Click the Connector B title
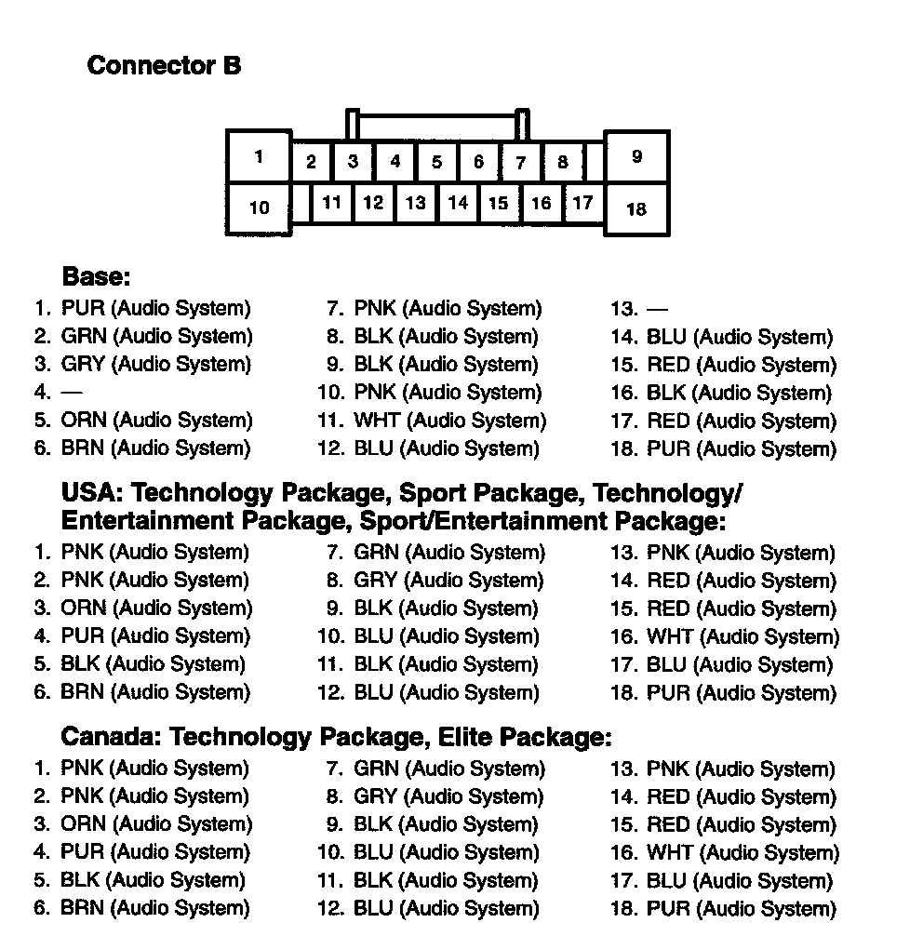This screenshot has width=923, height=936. [x=164, y=66]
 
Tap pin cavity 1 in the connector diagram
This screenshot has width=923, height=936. [x=259, y=156]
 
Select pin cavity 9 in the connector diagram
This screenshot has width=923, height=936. [x=636, y=156]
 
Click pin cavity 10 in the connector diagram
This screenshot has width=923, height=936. [x=259, y=207]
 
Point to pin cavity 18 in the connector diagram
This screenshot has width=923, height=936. [x=636, y=208]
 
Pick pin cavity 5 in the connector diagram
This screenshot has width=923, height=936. [x=436, y=162]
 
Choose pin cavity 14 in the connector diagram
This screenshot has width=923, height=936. [x=457, y=203]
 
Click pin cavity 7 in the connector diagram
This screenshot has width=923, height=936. [x=521, y=162]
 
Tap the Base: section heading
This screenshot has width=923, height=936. [x=96, y=277]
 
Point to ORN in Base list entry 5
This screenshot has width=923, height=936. [x=84, y=421]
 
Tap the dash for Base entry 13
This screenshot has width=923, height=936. [x=657, y=309]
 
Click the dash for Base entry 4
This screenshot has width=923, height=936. [x=71, y=393]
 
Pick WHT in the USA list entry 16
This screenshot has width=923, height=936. [x=670, y=637]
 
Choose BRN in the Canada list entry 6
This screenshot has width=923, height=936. [x=83, y=908]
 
